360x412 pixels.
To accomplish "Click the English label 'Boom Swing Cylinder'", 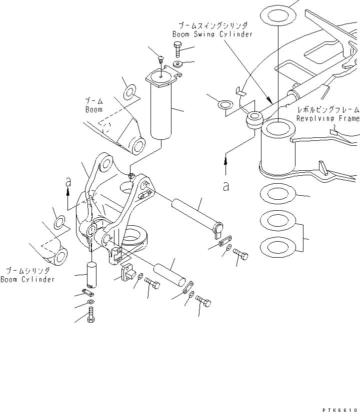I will (212, 34).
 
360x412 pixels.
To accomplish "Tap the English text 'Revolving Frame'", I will (327, 119).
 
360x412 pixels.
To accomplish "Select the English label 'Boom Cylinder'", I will (27, 280).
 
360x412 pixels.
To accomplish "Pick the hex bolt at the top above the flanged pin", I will (178, 49).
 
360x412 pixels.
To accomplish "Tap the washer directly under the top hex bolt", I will (178, 64).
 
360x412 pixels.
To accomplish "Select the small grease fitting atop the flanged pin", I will (161, 59).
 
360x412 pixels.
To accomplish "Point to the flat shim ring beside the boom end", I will (128, 93).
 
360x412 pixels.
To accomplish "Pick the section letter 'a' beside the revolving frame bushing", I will (226, 186).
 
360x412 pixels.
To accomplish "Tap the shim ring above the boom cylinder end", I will (59, 222).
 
